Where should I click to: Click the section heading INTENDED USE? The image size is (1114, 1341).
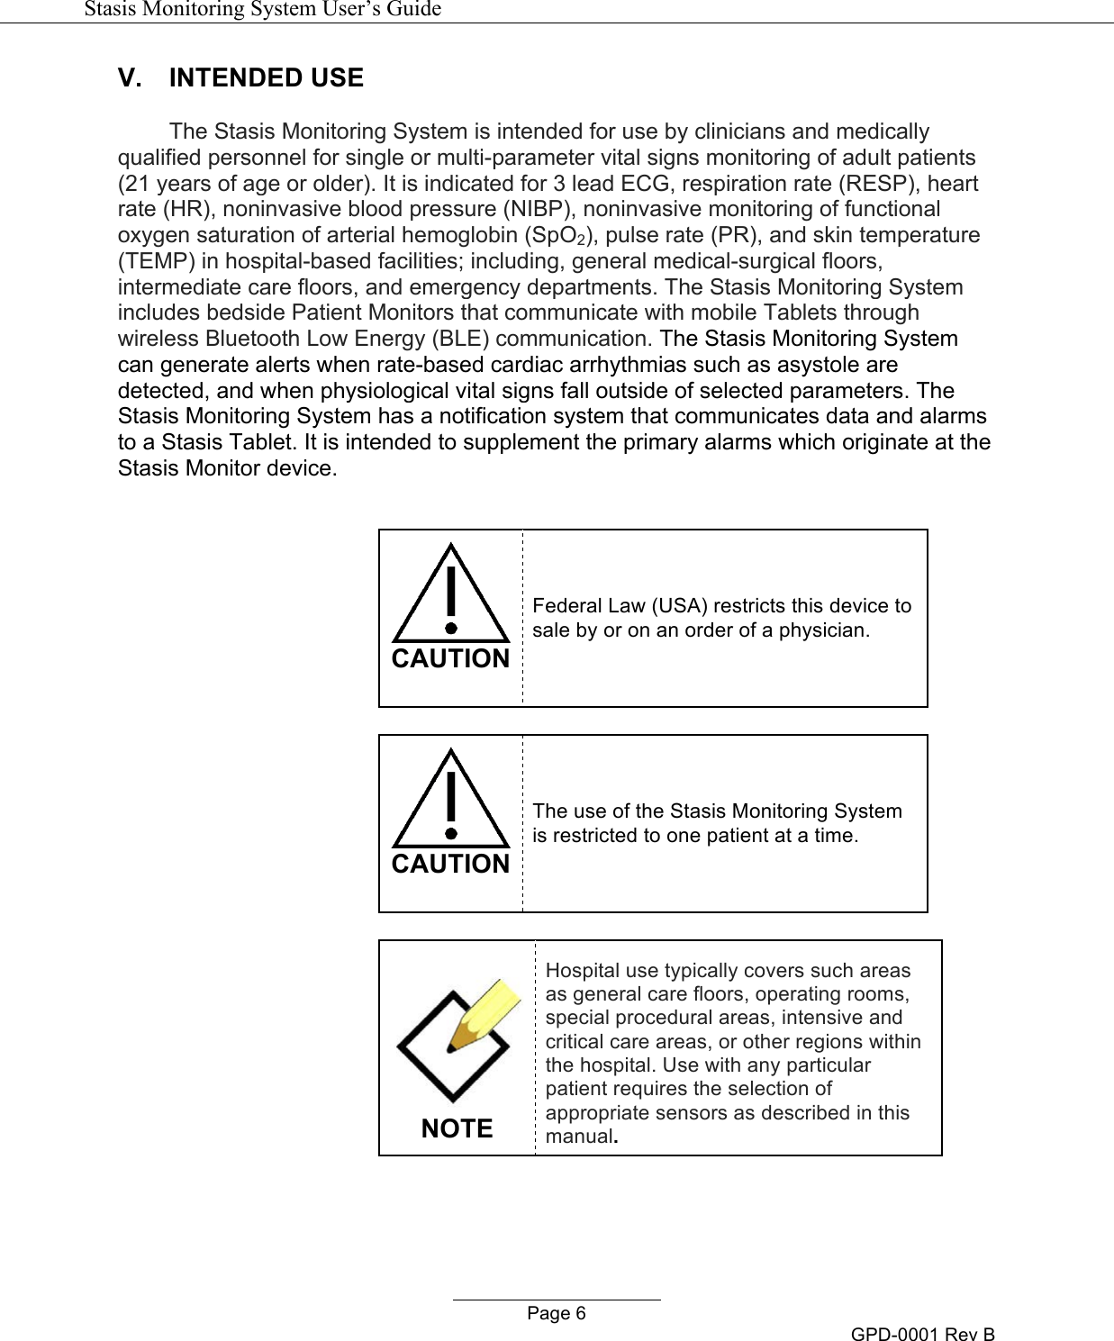(266, 77)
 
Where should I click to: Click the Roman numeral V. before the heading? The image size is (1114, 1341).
(130, 77)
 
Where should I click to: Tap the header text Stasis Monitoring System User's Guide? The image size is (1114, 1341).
(262, 9)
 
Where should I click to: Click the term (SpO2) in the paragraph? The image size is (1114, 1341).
(561, 236)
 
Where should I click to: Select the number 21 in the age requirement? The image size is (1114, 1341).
(137, 184)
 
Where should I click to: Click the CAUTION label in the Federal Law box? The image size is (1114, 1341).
(450, 658)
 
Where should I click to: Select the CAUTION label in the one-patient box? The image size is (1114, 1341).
(450, 864)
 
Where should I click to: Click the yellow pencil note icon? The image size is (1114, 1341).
(457, 1039)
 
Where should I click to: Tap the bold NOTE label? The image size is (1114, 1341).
(457, 1128)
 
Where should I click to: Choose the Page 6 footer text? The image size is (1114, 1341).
(556, 1313)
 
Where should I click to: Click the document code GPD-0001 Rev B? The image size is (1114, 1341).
(922, 1334)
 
